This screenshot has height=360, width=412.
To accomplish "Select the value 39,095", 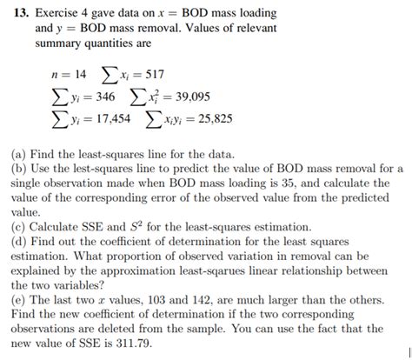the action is click(186, 96).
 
